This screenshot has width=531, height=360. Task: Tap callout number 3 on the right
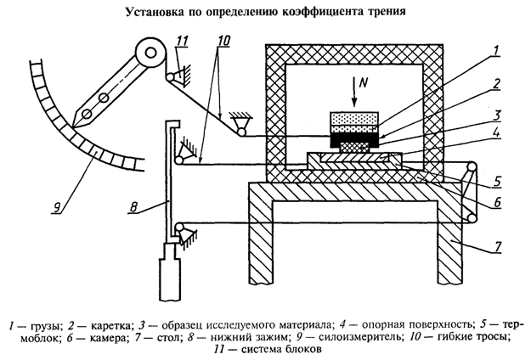click(496, 113)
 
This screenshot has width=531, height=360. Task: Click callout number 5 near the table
click(497, 180)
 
